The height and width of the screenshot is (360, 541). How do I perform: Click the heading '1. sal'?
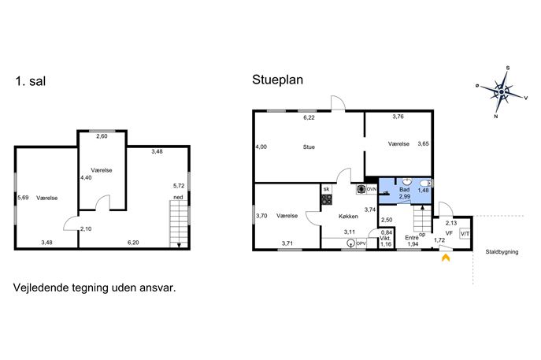31,81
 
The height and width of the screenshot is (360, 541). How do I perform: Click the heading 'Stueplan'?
278,80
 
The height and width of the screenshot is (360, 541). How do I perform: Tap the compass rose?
502,92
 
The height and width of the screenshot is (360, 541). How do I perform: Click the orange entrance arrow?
446,258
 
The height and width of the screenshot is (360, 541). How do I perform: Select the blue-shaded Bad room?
405,191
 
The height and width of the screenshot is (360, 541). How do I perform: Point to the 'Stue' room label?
309,147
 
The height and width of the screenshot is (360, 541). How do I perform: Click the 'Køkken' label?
348,217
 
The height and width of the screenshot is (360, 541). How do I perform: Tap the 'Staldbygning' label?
502,252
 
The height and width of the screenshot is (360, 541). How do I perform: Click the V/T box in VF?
465,234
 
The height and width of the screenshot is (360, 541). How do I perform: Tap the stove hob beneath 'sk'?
327,199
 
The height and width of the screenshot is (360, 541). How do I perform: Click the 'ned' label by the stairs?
178,198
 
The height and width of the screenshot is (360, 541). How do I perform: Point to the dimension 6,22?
309,117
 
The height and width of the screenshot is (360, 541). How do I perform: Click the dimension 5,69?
23,198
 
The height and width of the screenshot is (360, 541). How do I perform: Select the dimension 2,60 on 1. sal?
102,136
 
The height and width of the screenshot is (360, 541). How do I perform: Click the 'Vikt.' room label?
385,239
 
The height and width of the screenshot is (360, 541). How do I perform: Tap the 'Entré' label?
412,238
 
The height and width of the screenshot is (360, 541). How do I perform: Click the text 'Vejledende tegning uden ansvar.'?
94,288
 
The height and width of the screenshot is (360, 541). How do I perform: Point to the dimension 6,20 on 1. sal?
133,243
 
